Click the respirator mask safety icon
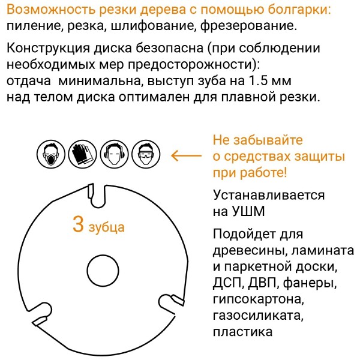click(x=51, y=154)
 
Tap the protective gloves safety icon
click(x=83, y=154)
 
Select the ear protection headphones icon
click(x=115, y=154)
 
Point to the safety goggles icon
click(x=146, y=154)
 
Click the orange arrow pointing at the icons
click(x=186, y=155)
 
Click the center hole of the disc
click(x=103, y=270)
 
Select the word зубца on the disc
click(x=107, y=227)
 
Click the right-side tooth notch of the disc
click(x=171, y=301)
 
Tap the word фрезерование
click(x=248, y=26)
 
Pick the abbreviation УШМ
click(x=248, y=211)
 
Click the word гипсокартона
click(x=258, y=299)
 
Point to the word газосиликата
click(x=258, y=316)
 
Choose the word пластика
click(x=242, y=332)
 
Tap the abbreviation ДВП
click(x=262, y=283)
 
